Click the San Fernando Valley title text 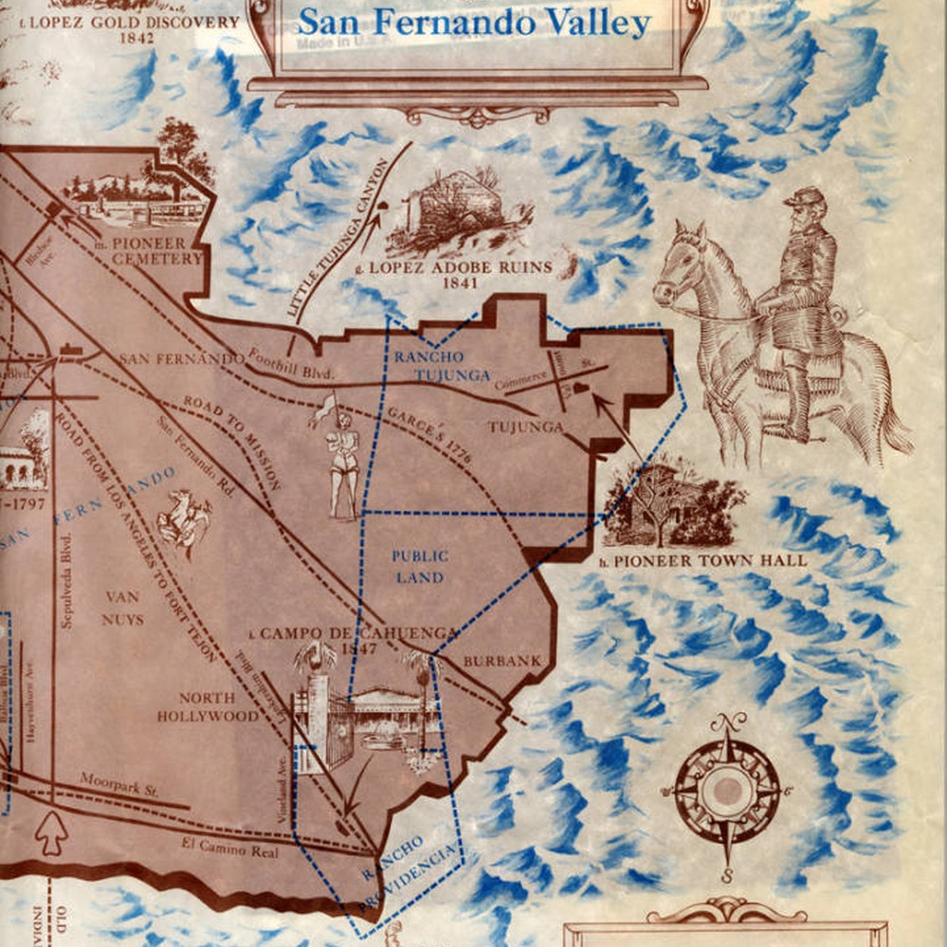pos(474,23)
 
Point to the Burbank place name pos(501,661)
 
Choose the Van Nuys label pos(122,608)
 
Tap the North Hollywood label pos(208,706)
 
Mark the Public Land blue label pos(420,566)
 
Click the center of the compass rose pos(727,790)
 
